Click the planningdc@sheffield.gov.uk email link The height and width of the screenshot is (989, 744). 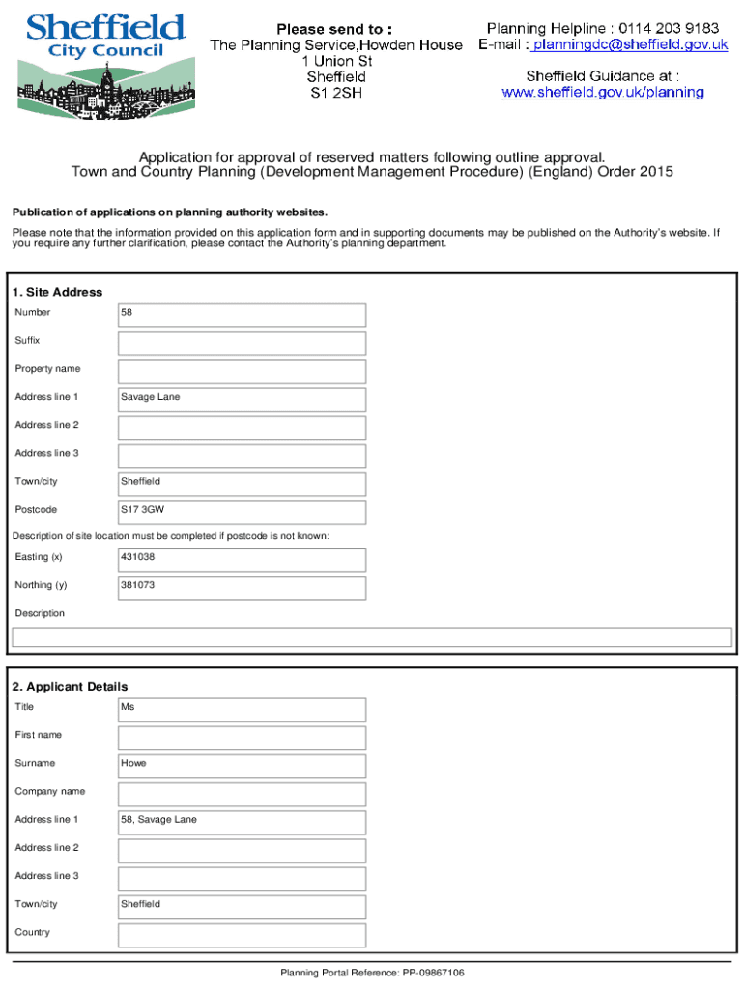[x=629, y=44]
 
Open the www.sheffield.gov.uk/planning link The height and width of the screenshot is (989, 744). [x=602, y=93]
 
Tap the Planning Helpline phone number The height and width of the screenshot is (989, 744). [x=668, y=28]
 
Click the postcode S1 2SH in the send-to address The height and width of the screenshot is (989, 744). [x=336, y=94]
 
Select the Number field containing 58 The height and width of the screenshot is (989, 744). [x=242, y=315]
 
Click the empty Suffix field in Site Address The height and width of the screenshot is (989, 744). [x=242, y=343]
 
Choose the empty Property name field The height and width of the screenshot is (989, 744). [x=242, y=371]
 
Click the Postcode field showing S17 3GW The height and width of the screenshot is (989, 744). [x=242, y=512]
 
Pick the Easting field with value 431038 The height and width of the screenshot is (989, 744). [x=242, y=559]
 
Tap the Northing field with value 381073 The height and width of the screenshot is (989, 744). [x=242, y=587]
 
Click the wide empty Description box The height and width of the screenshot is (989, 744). [x=371, y=637]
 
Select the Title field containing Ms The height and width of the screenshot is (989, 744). [x=242, y=709]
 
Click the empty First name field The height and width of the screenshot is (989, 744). [x=242, y=738]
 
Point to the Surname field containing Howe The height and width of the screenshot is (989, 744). [x=242, y=766]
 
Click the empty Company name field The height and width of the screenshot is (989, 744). [x=242, y=794]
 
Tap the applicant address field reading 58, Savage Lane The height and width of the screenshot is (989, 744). [x=242, y=822]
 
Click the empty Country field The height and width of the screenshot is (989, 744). [x=242, y=935]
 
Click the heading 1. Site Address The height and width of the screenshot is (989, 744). [x=57, y=292]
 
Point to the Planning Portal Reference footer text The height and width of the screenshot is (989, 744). [x=372, y=973]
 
